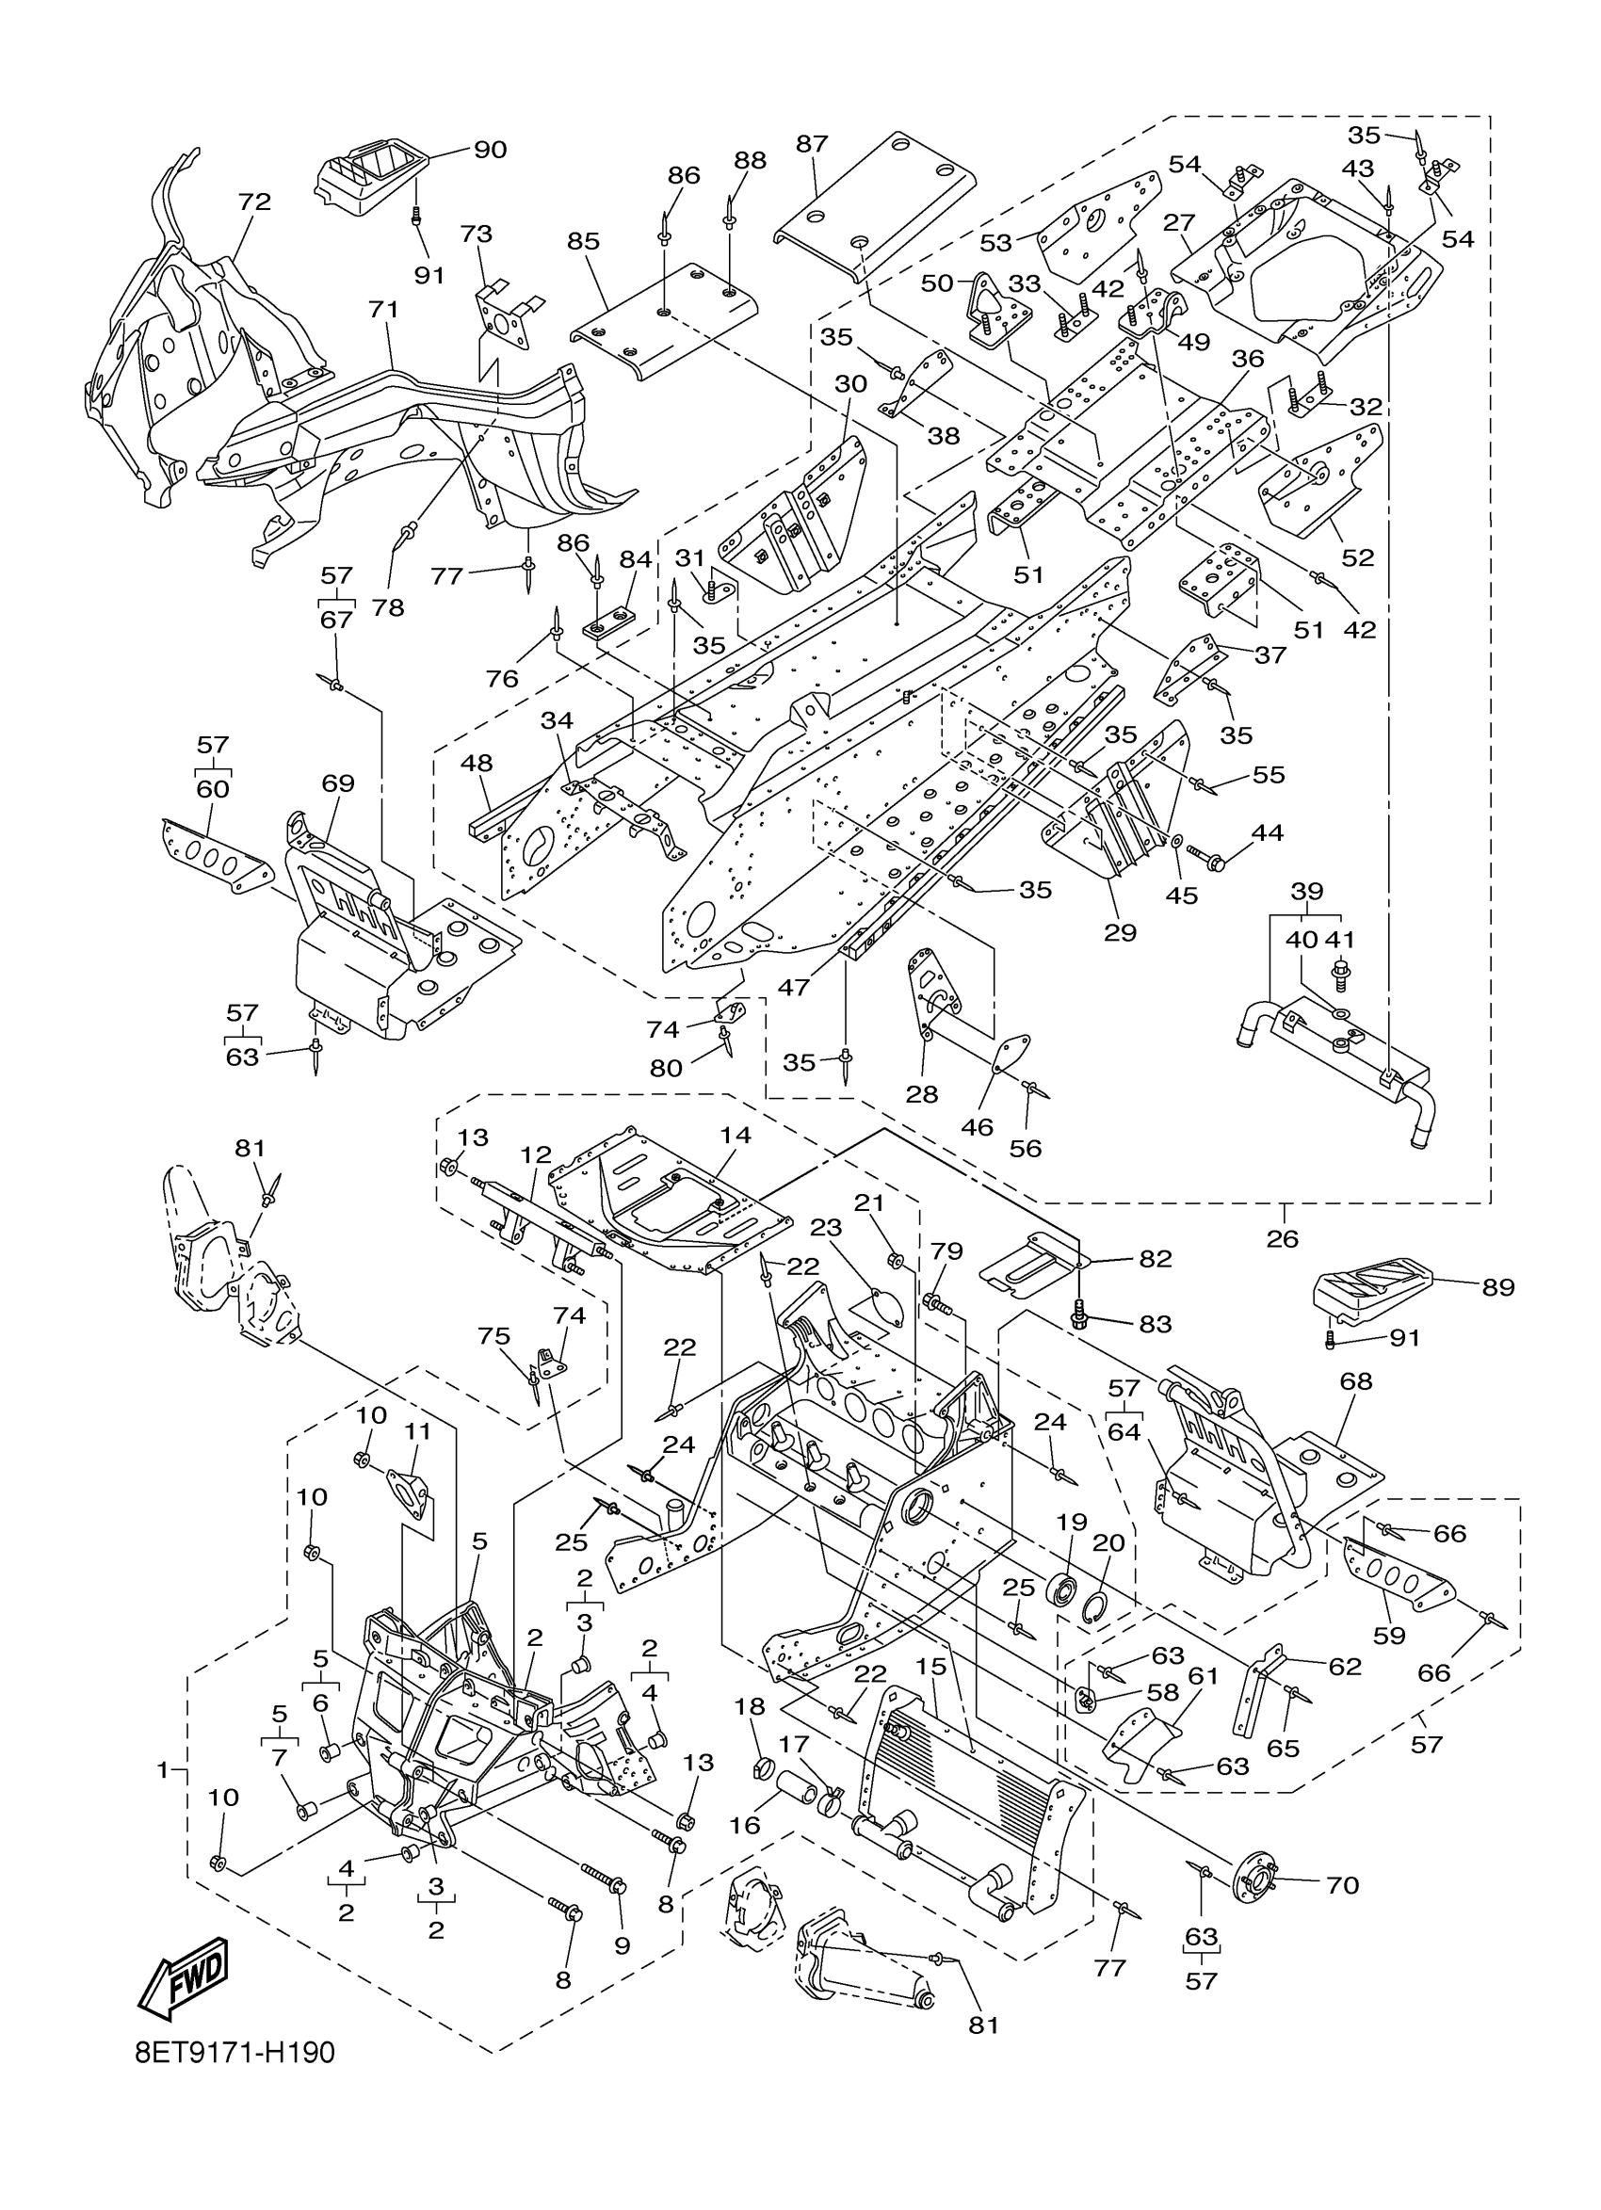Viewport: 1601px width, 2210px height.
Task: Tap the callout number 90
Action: click(x=490, y=150)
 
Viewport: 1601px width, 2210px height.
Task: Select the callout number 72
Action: click(x=254, y=202)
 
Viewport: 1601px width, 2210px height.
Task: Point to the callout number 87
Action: click(x=812, y=144)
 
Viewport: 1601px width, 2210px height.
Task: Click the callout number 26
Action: click(x=1284, y=1238)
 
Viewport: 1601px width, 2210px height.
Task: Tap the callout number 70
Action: click(x=1342, y=1885)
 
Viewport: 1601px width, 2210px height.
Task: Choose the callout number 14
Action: click(x=736, y=1136)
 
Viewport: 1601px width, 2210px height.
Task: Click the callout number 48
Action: click(x=477, y=763)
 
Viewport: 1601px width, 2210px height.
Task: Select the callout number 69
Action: click(x=338, y=783)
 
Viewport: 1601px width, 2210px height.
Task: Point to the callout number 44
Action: click(x=1268, y=833)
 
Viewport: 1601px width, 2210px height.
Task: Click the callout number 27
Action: click(x=1179, y=223)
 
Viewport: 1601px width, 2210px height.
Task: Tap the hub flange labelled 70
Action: click(x=1256, y=1879)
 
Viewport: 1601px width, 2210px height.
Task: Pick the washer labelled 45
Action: click(x=1177, y=840)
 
